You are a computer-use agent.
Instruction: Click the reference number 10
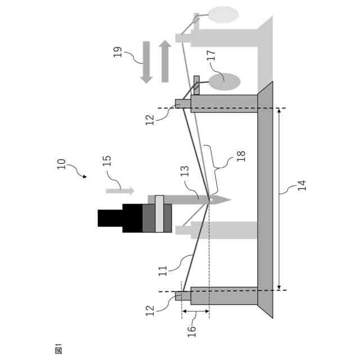click(62, 164)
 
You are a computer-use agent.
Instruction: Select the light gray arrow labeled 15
click(119, 191)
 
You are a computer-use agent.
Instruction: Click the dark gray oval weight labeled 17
click(224, 82)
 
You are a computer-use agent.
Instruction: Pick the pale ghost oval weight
click(224, 14)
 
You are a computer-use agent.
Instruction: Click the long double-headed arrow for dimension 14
click(280, 200)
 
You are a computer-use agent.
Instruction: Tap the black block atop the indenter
click(110, 218)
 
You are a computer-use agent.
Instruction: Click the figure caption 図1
click(58, 349)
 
